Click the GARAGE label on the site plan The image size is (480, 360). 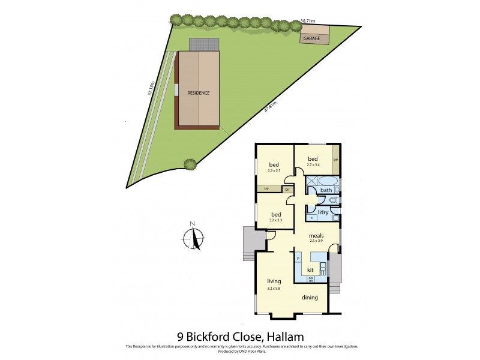tap(311, 38)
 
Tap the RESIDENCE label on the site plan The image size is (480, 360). tap(199, 94)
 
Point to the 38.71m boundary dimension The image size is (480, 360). tap(307, 21)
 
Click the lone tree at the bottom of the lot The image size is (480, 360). tap(190, 163)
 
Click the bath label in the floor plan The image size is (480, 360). tap(326, 191)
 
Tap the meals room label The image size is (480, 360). tap(316, 236)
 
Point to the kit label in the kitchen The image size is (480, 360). tap(310, 270)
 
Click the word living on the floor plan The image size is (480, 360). tap(274, 281)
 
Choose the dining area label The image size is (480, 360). tap(310, 298)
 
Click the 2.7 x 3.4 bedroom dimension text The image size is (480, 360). tap(313, 164)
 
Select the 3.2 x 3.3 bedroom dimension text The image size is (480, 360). tap(276, 221)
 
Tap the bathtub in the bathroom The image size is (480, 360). tap(328, 181)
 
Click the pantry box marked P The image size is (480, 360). tap(298, 259)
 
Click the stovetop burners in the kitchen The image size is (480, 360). tap(311, 279)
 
